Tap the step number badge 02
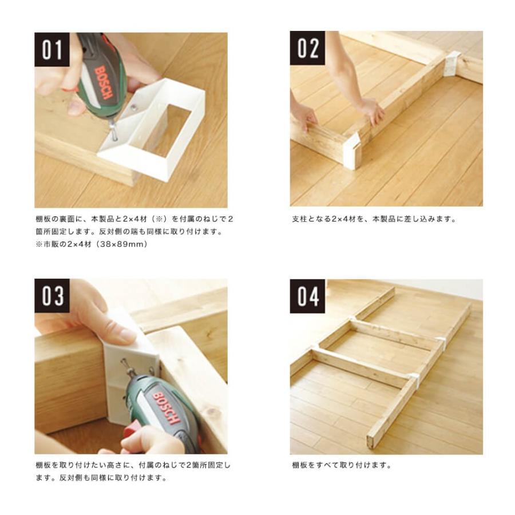[307, 49]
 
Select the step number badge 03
[51, 296]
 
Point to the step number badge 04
[307, 296]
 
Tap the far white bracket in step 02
[451, 63]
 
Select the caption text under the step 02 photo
[373, 219]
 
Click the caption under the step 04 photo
[342, 465]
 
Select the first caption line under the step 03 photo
[133, 465]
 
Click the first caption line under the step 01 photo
[134, 219]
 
